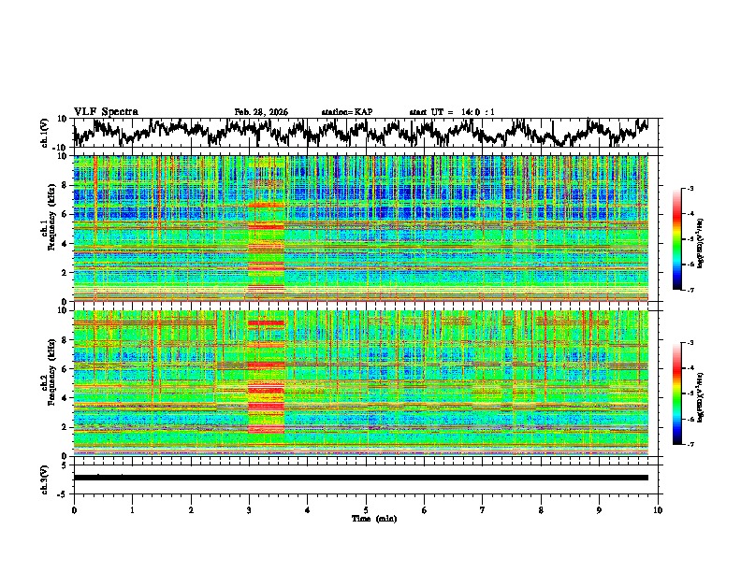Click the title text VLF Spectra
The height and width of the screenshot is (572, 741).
point(106,111)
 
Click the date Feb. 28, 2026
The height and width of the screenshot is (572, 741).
point(261,112)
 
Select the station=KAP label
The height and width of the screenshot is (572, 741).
point(346,112)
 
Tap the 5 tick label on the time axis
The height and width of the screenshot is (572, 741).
point(366,509)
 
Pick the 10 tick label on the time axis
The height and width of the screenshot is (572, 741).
point(658,509)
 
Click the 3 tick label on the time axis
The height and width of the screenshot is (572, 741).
point(249,509)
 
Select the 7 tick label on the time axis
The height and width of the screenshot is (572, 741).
point(483,509)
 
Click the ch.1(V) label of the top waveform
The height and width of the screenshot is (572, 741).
point(45,133)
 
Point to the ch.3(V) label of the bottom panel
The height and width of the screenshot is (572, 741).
point(45,478)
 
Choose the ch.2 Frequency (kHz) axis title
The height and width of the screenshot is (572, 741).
point(47,381)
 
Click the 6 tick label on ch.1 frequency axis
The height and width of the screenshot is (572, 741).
point(66,214)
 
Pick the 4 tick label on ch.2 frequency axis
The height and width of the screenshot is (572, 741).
point(66,397)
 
